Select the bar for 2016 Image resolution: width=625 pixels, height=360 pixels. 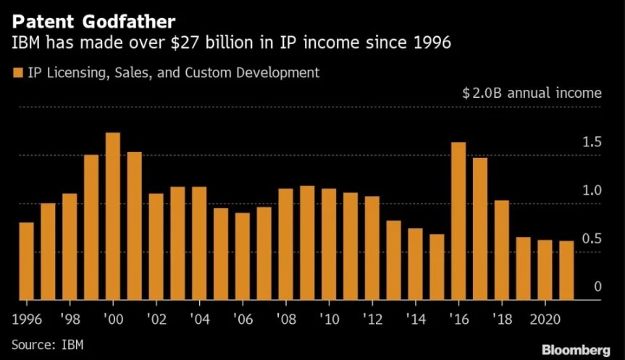[458, 221]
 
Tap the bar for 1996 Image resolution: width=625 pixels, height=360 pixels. [26, 261]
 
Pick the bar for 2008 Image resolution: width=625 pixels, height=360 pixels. [285, 244]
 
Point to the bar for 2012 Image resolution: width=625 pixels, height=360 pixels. [372, 248]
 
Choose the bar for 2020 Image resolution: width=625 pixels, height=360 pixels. [545, 269]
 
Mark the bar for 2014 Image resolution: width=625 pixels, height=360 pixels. [415, 264]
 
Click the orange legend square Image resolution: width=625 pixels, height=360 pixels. [17, 72]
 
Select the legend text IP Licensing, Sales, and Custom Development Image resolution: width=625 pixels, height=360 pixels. [173, 72]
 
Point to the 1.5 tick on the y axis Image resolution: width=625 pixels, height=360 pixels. [592, 142]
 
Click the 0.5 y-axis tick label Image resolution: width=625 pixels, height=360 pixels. [592, 239]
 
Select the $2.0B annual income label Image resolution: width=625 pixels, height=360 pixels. [532, 93]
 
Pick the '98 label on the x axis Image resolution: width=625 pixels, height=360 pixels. [70, 319]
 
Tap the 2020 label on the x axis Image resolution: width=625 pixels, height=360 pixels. [545, 319]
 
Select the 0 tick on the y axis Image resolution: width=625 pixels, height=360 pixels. [598, 288]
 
